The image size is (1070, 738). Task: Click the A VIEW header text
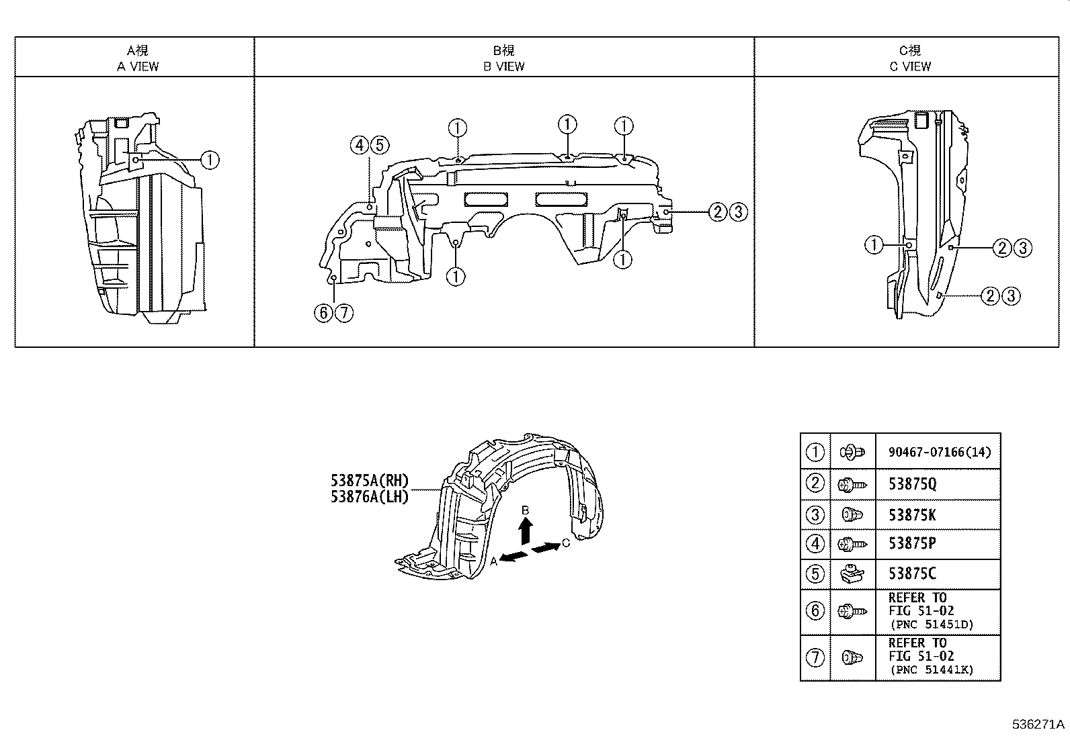pyautogui.click(x=138, y=66)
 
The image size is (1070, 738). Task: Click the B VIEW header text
pyautogui.click(x=503, y=66)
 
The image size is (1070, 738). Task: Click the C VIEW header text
pyautogui.click(x=910, y=66)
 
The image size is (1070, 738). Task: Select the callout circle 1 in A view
pyautogui.click(x=210, y=160)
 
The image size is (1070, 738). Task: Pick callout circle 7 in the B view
pyautogui.click(x=344, y=313)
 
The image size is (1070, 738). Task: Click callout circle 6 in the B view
pyautogui.click(x=324, y=313)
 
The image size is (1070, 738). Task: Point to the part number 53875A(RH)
pyautogui.click(x=369, y=481)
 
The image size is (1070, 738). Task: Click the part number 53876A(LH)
pyautogui.click(x=369, y=498)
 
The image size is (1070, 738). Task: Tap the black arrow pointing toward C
pyautogui.click(x=546, y=548)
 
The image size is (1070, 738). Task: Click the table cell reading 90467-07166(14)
pyautogui.click(x=939, y=453)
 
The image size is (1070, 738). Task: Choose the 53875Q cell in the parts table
pyautogui.click(x=912, y=484)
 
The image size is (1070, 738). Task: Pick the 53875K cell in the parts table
pyautogui.click(x=912, y=515)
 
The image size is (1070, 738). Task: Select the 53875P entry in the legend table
pyautogui.click(x=912, y=544)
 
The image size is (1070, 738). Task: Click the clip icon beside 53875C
pyautogui.click(x=852, y=574)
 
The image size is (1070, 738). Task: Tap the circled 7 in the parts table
pyautogui.click(x=815, y=657)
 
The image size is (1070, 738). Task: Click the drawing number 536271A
pyautogui.click(x=1039, y=725)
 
